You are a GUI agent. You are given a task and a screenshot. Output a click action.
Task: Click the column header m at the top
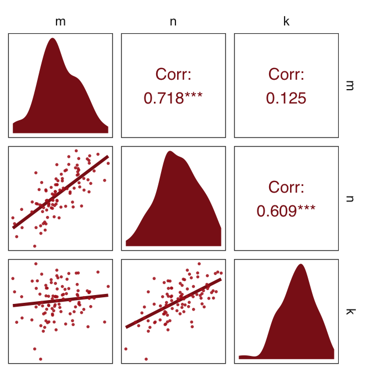60,22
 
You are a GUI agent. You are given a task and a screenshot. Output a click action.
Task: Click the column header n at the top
173,22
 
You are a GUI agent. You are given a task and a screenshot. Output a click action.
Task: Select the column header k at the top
286,22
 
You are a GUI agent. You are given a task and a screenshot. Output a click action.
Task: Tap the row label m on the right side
349,85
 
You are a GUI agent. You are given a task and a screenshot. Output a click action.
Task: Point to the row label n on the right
349,198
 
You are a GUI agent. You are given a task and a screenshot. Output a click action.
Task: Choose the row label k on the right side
349,311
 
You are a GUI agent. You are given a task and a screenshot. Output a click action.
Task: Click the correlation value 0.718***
173,99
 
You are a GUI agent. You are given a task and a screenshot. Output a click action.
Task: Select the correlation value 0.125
286,99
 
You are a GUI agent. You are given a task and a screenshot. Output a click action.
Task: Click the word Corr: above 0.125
286,74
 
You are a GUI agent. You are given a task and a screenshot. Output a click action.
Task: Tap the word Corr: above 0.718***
173,74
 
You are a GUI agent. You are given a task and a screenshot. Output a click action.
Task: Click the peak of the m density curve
53,39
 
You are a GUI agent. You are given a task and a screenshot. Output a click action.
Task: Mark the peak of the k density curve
301,265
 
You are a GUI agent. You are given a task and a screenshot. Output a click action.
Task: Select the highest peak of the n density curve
170,152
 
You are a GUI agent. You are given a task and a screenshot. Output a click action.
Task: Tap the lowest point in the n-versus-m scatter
34,246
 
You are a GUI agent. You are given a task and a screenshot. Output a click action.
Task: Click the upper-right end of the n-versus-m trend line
108,157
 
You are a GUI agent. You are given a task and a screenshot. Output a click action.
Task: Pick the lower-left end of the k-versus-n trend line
126,327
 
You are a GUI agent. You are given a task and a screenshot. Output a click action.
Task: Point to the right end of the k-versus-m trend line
108,295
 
